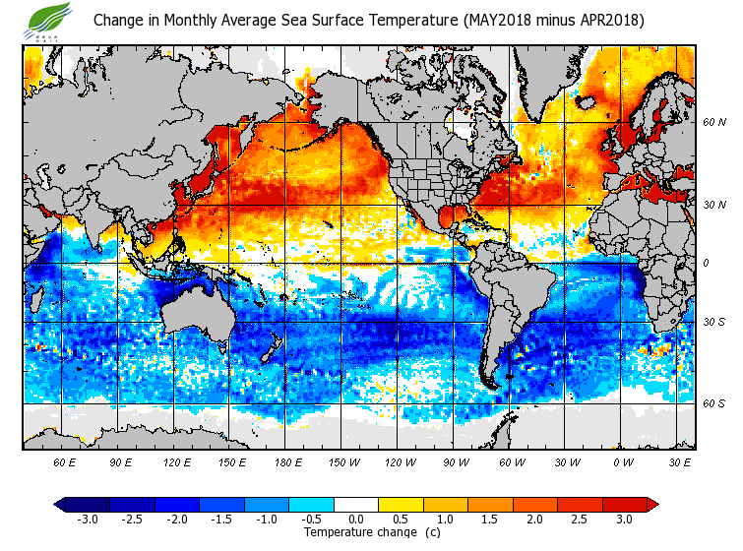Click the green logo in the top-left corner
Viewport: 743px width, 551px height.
pos(47,19)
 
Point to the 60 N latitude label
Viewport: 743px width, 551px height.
pos(713,122)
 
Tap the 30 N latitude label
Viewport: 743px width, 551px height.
pos(713,205)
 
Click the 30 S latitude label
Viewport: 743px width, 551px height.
pos(713,323)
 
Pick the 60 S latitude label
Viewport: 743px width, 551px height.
pos(713,404)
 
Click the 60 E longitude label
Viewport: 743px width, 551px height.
pos(65,462)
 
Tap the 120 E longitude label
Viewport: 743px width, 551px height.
pos(177,462)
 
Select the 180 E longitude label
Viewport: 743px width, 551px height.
pos(288,462)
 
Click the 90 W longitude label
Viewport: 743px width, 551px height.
pos(457,462)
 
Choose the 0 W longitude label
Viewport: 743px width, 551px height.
pos(624,462)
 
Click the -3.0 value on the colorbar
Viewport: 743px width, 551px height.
pos(87,520)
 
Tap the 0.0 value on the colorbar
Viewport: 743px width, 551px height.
pos(356,520)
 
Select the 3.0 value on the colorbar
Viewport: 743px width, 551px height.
pos(624,520)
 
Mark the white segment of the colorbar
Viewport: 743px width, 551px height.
pos(356,505)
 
